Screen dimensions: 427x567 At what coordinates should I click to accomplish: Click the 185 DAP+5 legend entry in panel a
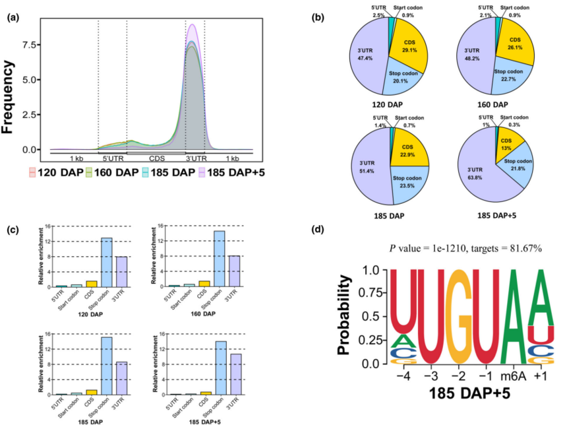pos(235,173)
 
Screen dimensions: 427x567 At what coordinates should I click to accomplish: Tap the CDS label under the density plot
pos(157,159)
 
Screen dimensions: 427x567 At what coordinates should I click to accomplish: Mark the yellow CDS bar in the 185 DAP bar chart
pos(90,392)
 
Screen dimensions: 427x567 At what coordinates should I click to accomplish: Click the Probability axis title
pos(343,316)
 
